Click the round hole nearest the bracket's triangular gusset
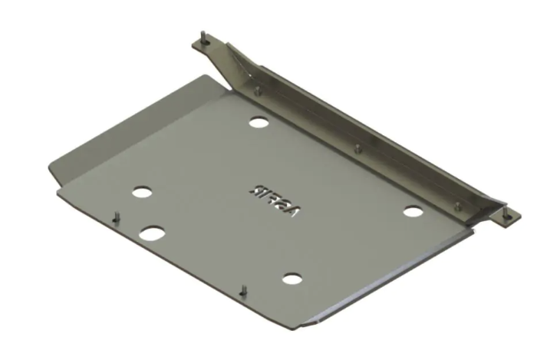(x=259, y=123)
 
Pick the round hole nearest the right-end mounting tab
(x=412, y=210)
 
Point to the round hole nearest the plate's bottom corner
(x=290, y=278)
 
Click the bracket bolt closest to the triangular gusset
(x=257, y=90)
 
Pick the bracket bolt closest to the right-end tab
(x=458, y=204)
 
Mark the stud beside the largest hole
(x=115, y=217)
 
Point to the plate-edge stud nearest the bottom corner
(x=243, y=289)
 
